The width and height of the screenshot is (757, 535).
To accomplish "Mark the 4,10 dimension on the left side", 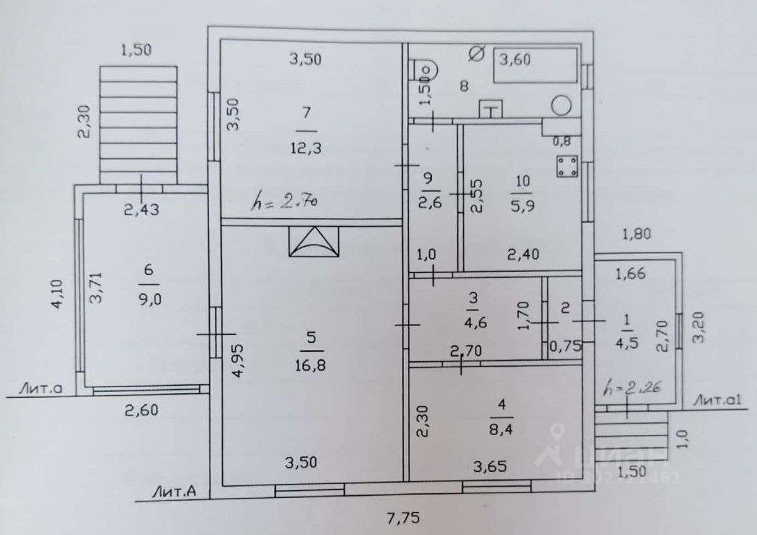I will pyautogui.click(x=59, y=294).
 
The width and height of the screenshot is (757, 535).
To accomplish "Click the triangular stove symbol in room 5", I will pyautogui.click(x=314, y=241).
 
